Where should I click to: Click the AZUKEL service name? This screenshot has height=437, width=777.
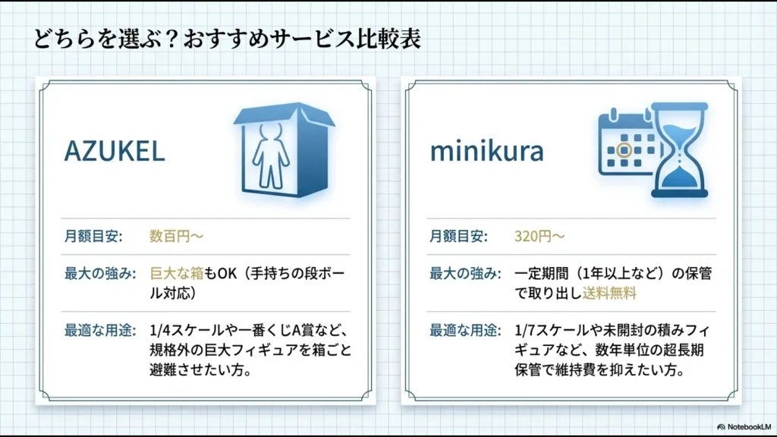[x=114, y=152]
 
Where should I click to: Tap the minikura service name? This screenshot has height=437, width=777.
[x=486, y=152]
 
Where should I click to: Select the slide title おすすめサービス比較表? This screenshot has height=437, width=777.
[x=227, y=39]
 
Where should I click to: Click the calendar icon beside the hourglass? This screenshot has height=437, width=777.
[x=626, y=143]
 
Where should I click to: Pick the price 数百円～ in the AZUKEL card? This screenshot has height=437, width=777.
[x=176, y=236]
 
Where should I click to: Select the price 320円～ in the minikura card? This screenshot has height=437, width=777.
[x=539, y=236]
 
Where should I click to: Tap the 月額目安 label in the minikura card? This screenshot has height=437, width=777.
[x=459, y=236]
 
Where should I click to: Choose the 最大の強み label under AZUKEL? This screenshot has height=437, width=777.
[x=99, y=273]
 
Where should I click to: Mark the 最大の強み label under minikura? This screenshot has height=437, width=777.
[x=465, y=273]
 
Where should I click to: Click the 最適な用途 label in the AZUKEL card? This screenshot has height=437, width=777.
[x=99, y=331]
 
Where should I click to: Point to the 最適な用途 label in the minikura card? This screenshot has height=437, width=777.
[x=465, y=331]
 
